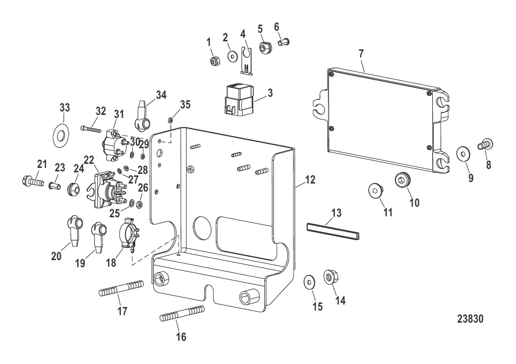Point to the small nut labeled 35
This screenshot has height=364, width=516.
tap(171, 120)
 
